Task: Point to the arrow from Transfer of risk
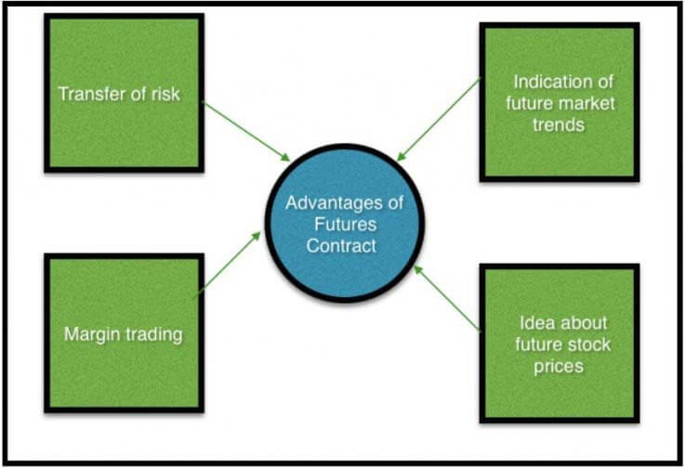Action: [x=246, y=131]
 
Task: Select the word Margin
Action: [x=92, y=334]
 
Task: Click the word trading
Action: [x=152, y=334]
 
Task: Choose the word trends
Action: [x=558, y=123]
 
